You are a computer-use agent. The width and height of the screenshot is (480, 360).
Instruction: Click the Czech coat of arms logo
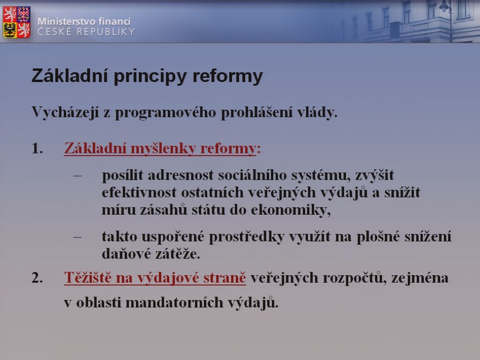16,22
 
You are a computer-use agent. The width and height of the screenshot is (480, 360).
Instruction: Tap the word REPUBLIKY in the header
105,31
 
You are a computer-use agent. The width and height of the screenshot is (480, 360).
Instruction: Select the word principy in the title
150,76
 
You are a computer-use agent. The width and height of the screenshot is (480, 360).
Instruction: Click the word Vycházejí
65,112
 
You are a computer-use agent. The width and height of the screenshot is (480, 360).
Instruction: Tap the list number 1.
37,149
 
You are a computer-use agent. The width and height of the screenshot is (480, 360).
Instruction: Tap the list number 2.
37,278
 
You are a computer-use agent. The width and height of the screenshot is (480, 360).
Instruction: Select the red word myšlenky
163,149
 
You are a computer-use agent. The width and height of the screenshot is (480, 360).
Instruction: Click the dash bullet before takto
77,237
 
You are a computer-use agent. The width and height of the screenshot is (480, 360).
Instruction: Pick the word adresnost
180,175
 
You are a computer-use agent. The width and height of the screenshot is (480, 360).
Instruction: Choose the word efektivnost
139,193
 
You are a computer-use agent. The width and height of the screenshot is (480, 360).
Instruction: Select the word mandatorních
174,302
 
